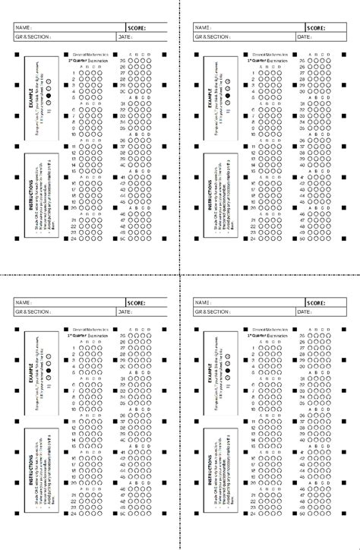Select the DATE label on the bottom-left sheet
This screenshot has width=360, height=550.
(125, 311)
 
